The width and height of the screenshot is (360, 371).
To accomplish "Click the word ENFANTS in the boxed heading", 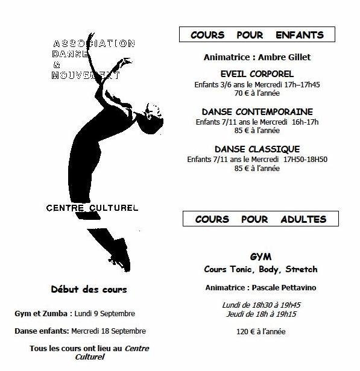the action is pyautogui.click(x=300, y=35).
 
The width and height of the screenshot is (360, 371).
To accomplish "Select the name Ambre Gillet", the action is pyautogui.click(x=284, y=57).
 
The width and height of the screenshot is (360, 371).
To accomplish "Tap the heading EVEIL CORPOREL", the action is pyautogui.click(x=257, y=74).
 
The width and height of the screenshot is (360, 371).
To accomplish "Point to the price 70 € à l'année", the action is pyautogui.click(x=257, y=93).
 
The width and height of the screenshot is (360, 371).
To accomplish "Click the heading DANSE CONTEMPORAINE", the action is pyautogui.click(x=257, y=111).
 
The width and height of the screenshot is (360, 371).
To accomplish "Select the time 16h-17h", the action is pyautogui.click(x=305, y=122).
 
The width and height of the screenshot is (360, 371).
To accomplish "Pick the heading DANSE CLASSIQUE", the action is pyautogui.click(x=257, y=149).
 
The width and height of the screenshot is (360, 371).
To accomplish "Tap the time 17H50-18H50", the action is pyautogui.click(x=305, y=160).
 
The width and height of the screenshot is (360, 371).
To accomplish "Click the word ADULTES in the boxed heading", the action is pyautogui.click(x=303, y=219).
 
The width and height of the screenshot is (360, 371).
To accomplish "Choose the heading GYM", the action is pyautogui.click(x=261, y=257).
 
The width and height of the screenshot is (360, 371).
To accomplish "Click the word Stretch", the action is pyautogui.click(x=302, y=269).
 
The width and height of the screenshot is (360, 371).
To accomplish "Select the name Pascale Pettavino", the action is pyautogui.click(x=284, y=288).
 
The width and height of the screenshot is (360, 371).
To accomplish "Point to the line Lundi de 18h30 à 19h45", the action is pyautogui.click(x=261, y=305).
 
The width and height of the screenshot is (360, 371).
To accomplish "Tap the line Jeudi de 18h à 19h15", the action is pyautogui.click(x=261, y=314).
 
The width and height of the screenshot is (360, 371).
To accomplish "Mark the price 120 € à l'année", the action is pyautogui.click(x=261, y=332).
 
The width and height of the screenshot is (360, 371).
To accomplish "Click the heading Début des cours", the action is pyautogui.click(x=89, y=289).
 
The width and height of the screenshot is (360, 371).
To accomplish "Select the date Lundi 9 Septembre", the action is pyautogui.click(x=105, y=314).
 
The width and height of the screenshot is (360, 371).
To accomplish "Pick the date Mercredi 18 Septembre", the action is pyautogui.click(x=109, y=331).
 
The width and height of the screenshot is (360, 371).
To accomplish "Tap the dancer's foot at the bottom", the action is pyautogui.click(x=121, y=255).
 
